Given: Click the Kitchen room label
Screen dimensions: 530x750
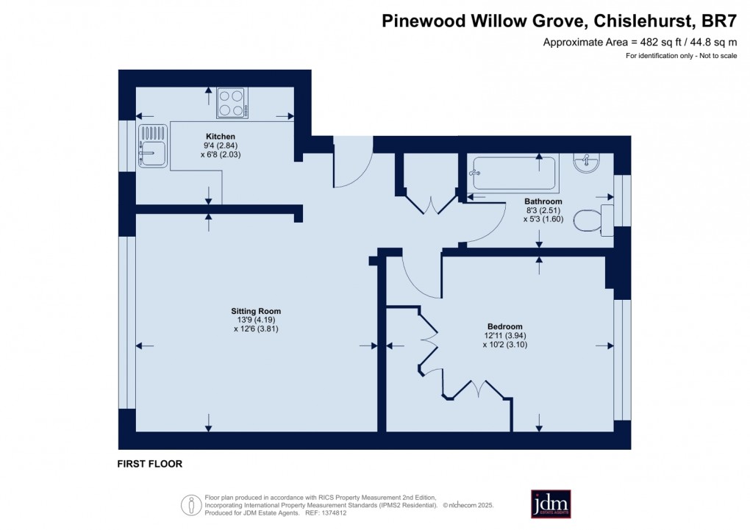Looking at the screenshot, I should [x=221, y=137].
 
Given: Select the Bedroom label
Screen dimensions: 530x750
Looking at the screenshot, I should [x=504, y=326].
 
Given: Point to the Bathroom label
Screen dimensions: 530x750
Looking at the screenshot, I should [x=543, y=201].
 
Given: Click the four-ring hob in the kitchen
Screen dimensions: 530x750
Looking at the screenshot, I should [x=232, y=103].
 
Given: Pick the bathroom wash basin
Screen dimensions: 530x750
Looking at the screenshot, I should [x=589, y=161].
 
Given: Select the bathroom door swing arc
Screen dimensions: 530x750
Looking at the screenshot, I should [x=485, y=223].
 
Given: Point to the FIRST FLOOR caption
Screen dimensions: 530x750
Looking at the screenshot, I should [x=149, y=464].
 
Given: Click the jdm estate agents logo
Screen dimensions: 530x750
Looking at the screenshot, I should [x=551, y=504].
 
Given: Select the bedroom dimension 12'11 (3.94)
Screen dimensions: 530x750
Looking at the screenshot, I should [x=504, y=335].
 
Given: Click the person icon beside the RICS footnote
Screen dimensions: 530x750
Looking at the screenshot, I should [x=191, y=504].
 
